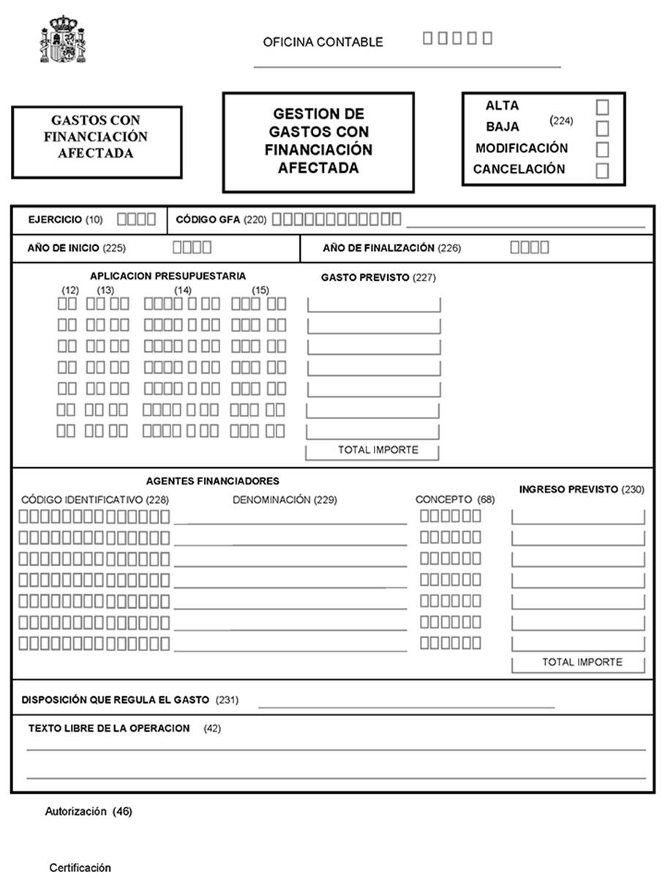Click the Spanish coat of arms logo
62,39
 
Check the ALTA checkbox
602,108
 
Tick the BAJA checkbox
602,129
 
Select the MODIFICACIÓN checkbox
602,150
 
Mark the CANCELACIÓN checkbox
602,171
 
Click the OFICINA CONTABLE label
323,42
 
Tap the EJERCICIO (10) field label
65,219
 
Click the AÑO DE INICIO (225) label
76,249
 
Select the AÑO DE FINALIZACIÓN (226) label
391,249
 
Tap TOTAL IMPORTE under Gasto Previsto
377,450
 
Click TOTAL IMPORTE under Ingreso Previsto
582,662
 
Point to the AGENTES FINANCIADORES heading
212,481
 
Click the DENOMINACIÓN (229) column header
285,500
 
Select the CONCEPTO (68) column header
455,500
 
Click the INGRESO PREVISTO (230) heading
582,490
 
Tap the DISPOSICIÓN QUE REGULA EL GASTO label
129,700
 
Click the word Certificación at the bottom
80,868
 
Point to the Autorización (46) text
89,811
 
